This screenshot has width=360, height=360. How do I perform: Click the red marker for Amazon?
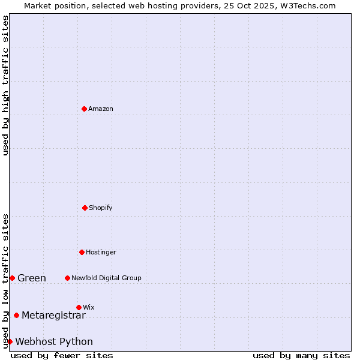coord(84,109)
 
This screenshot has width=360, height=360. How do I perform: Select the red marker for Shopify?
coord(85,208)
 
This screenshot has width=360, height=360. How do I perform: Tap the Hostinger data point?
coord(82,252)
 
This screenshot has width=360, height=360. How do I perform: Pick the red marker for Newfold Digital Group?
coord(67,278)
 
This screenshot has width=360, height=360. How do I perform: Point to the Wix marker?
coord(79,307)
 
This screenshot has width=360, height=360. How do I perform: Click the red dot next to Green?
coord(12,278)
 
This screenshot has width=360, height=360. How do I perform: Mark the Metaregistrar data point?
coord(16,315)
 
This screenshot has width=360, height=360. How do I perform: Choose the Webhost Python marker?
coord(10,341)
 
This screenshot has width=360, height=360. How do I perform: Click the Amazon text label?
coord(101,109)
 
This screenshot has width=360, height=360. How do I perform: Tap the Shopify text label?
coord(101,208)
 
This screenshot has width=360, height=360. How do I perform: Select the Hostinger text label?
coord(101,252)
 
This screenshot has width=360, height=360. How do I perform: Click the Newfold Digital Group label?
coord(106,278)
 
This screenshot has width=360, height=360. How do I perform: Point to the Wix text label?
coord(89,307)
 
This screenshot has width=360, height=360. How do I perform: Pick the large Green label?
coord(32,278)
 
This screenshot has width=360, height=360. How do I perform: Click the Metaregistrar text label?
coord(53,315)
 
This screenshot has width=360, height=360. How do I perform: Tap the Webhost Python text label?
coord(54,341)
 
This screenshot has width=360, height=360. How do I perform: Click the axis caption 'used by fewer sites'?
coord(62,355)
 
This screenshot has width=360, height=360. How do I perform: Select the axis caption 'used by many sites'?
coord(301,355)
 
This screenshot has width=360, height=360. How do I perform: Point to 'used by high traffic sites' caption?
coord(5,85)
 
